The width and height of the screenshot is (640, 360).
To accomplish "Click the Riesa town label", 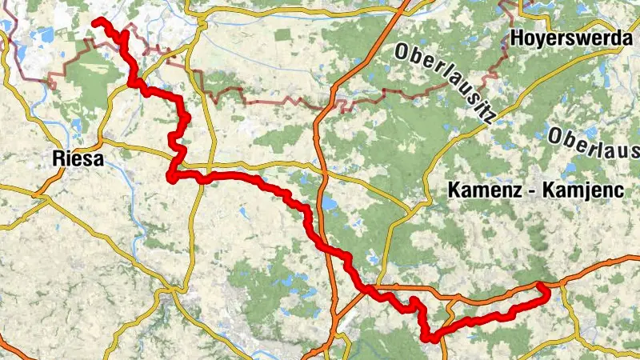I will click(x=78, y=158).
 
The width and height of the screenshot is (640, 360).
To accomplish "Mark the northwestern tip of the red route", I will click(x=95, y=21).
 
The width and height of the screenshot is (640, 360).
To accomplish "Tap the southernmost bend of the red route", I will click(x=432, y=338).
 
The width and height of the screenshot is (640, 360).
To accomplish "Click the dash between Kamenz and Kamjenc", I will click(x=534, y=191).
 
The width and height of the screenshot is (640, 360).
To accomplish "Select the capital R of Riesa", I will click(x=56, y=158).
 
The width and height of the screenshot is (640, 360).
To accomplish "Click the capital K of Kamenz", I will click(x=454, y=190).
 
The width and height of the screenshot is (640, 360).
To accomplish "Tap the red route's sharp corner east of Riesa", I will click(x=171, y=175).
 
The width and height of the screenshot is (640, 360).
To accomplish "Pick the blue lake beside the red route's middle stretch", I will click(x=329, y=203).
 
